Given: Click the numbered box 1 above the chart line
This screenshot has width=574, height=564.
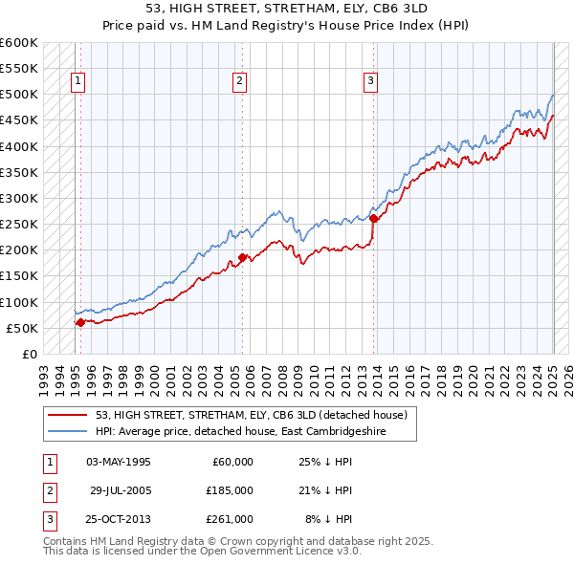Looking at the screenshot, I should click(x=77, y=81).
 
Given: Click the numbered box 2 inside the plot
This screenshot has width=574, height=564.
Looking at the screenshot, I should click(x=239, y=81).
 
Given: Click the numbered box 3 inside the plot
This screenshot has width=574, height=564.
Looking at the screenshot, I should click(x=369, y=81).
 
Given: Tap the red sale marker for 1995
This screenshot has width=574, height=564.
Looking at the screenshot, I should click(x=80, y=322).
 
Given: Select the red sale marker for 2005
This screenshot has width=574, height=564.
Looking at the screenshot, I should click(x=243, y=257).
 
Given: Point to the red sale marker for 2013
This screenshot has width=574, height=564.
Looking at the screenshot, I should click(x=373, y=218).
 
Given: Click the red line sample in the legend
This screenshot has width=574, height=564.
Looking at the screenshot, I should click(x=68, y=415).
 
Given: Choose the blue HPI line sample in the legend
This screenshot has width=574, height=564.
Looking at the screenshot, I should click(x=68, y=431).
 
